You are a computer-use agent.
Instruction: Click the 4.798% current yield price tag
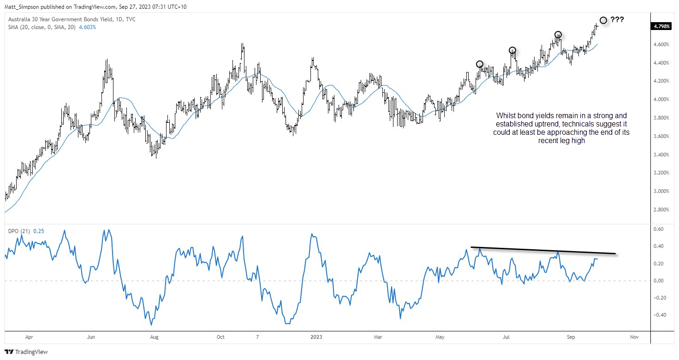pos(661,26)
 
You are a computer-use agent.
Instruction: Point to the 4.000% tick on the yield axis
pos(661,99)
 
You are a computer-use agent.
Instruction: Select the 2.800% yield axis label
pos(661,210)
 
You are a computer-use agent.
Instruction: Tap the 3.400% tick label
pos(661,155)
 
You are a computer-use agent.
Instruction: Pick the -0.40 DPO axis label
pos(658,315)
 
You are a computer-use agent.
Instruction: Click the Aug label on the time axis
pos(154,337)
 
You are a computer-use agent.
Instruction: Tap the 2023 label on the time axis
pos(316,337)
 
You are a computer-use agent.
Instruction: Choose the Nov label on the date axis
pos(634,337)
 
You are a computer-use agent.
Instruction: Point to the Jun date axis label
pos(91,337)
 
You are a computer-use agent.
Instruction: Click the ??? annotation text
pos(617,20)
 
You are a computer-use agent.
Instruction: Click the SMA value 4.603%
pos(87,27)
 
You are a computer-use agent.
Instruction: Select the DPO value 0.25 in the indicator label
pos(38,231)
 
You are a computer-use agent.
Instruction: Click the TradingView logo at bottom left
pos(26,352)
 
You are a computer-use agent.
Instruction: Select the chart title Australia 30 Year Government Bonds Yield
pos(60,19)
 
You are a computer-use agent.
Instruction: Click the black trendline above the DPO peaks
pos(543,250)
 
